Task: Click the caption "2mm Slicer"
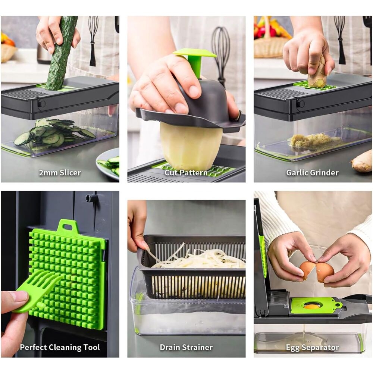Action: coord(60,172)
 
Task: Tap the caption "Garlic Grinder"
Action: coord(312,172)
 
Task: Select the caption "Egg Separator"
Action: coord(312,348)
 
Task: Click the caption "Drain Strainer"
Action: coord(186,347)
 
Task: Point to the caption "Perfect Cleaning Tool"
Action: coord(60,347)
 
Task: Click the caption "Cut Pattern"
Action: coord(186,172)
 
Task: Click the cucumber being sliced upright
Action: coord(61,53)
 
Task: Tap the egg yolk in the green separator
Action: coord(309,306)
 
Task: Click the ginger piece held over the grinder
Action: coord(317,73)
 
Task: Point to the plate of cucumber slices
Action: coord(108,163)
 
